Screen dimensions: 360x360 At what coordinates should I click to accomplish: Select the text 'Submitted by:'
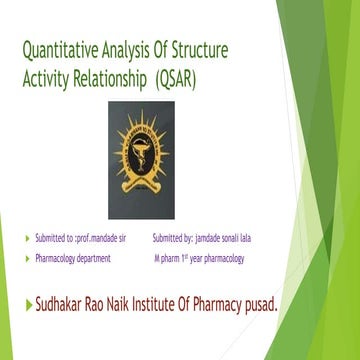click(172, 239)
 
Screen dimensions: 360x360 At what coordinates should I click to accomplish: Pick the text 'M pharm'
click(166, 258)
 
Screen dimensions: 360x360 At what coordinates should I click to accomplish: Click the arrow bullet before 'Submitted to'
click(28, 239)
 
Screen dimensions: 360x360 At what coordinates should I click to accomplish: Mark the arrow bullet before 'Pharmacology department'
click(28, 258)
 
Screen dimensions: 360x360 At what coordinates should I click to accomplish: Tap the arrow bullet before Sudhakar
click(28, 302)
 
